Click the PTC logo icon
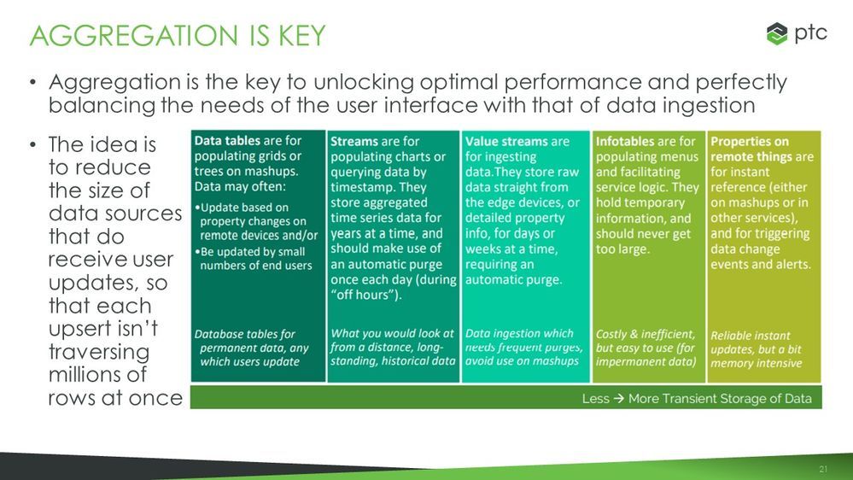click(x=777, y=34)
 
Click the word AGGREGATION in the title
click(x=134, y=36)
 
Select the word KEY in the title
click(x=302, y=36)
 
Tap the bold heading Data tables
click(x=227, y=140)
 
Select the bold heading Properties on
click(x=750, y=142)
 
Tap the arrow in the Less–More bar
click(x=618, y=399)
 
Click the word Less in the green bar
click(x=596, y=399)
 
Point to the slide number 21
click(x=823, y=469)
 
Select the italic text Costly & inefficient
click(x=646, y=334)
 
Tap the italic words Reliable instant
click(x=751, y=336)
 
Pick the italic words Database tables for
click(x=245, y=334)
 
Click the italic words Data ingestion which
click(x=519, y=333)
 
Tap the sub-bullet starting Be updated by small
click(x=253, y=259)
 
